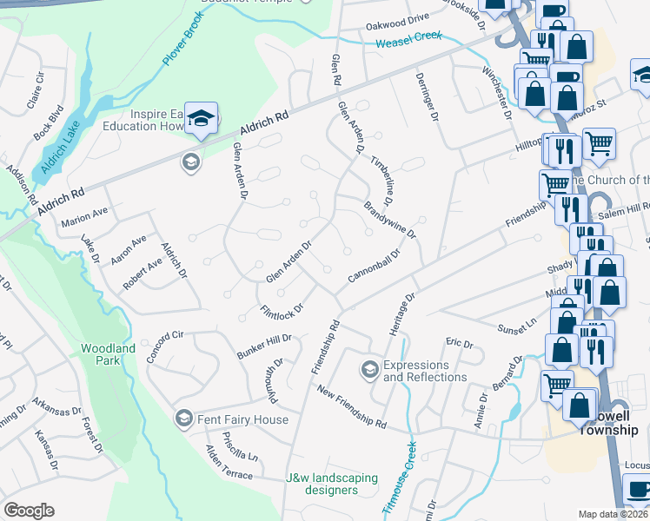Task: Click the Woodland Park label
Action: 108,354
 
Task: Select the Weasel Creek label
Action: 408,40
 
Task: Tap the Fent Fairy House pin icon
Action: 183,419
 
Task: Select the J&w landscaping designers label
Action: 333,484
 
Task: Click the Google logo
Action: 29,511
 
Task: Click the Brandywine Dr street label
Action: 390,221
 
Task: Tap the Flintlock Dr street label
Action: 282,309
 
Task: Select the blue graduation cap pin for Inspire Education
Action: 202,119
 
